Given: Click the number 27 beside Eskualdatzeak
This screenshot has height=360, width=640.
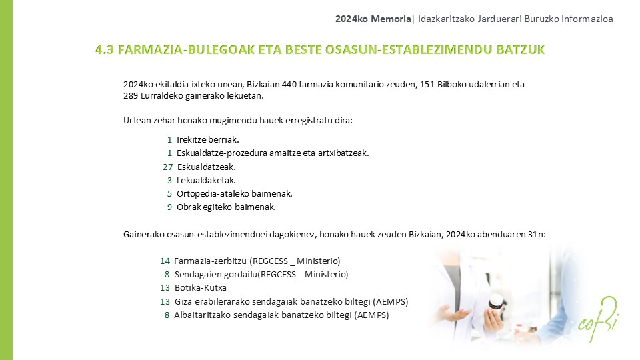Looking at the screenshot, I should [167, 167].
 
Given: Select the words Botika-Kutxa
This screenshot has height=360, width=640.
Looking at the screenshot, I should [200, 288].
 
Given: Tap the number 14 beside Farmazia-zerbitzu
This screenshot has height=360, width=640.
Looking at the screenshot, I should [165, 261].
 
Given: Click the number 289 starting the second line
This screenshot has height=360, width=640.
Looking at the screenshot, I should [131, 97].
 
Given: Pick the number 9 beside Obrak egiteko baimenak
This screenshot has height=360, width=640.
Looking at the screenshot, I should [170, 207].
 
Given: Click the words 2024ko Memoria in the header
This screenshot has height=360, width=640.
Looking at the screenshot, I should [373, 19].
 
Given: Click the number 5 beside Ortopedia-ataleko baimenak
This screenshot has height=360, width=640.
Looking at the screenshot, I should [170, 194].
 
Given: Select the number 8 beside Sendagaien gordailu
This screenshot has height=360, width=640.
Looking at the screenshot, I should [167, 274].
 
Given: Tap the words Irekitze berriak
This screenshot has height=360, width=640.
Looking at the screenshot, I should [207, 139].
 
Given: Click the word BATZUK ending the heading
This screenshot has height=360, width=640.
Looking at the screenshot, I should [521, 50].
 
